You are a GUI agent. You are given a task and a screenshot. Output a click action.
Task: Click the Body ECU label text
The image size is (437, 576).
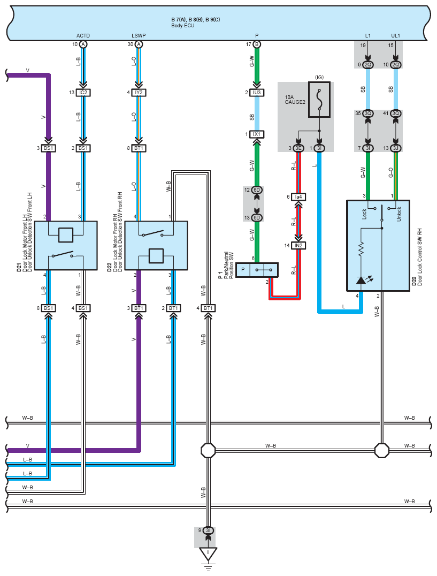point(183,26)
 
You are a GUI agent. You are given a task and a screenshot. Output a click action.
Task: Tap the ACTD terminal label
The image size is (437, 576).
point(83,36)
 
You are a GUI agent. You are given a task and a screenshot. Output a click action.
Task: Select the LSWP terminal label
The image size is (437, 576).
point(139,36)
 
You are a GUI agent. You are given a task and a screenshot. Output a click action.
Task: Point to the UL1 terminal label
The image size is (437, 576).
point(395,36)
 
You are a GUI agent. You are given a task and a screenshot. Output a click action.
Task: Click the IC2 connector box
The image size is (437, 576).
point(83,93)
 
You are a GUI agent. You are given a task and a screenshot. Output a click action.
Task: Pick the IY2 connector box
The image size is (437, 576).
point(139,93)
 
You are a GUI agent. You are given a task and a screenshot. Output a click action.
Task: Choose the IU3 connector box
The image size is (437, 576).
point(257,93)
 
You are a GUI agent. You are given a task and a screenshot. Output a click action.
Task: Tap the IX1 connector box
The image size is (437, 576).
point(257,134)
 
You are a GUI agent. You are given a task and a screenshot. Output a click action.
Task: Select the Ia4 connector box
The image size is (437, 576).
point(298,197)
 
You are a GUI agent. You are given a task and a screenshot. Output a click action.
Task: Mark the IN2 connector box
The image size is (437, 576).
point(298,245)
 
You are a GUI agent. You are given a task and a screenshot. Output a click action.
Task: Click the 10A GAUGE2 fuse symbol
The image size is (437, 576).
point(319,100)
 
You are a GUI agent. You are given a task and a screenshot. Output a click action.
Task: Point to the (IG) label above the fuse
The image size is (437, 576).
point(319,77)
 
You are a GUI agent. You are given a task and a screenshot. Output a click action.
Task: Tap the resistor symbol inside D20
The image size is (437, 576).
point(361,249)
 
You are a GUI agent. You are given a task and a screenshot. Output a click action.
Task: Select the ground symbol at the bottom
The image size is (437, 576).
point(208,558)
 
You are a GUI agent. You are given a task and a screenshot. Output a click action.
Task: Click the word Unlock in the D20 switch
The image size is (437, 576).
point(399,214)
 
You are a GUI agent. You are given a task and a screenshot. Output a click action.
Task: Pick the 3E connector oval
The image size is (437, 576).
point(298,148)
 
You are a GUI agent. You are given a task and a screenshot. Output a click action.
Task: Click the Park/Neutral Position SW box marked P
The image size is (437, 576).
point(257,270)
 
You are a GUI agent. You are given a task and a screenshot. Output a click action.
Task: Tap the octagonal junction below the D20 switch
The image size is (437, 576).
point(381,450)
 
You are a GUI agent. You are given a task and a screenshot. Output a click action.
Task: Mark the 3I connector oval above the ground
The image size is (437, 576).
point(208,530)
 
